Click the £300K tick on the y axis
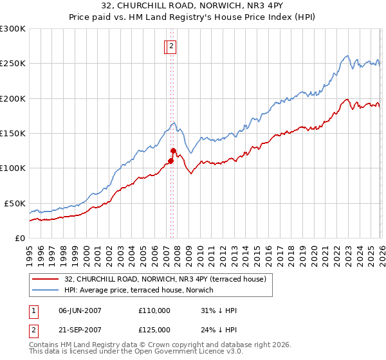point(12,29)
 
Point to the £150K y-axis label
point(12,133)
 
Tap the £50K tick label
point(15,203)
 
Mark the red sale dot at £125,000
point(173,150)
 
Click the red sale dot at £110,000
point(170,161)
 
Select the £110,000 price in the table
point(154,310)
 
